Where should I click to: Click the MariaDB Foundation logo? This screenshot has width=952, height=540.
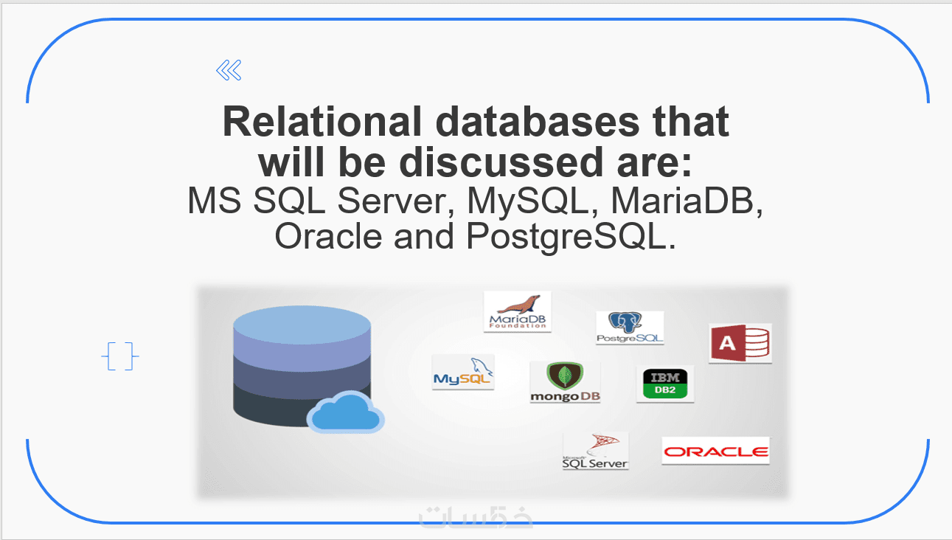[x=517, y=311]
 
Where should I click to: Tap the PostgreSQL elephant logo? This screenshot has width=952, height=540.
[x=630, y=328]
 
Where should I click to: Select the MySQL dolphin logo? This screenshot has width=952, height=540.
[x=463, y=372]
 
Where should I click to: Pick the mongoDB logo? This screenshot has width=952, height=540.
[x=566, y=382]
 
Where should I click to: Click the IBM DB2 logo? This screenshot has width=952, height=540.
[x=665, y=384]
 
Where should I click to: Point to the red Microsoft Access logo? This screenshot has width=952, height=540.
[x=740, y=343]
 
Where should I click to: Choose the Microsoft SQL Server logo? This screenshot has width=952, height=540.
[x=595, y=451]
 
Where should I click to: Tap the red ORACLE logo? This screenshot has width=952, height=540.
[x=716, y=451]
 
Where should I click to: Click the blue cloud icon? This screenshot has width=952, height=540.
[x=346, y=412]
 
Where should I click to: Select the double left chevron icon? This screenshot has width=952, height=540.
[x=229, y=70]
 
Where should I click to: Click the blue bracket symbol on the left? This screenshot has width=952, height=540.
[x=120, y=356]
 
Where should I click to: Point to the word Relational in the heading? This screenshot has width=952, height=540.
[x=322, y=122]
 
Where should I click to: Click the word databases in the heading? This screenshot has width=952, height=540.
[x=537, y=122]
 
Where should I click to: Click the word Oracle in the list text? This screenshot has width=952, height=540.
[x=328, y=236]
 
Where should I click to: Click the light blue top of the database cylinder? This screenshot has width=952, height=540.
[x=302, y=325]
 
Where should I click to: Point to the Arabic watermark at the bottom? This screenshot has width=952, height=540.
[x=476, y=516]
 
